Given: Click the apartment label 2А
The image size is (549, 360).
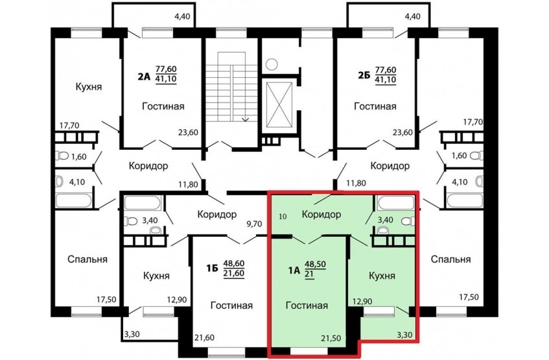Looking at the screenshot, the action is click(x=143, y=76).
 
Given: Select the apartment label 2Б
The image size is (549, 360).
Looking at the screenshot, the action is click(x=363, y=76).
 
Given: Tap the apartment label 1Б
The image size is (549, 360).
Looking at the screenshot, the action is click(x=212, y=269).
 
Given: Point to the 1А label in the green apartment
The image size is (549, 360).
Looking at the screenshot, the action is click(x=294, y=270).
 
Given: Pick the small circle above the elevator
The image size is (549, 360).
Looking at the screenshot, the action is click(x=272, y=64).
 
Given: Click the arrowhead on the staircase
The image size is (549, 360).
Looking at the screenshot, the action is click(x=246, y=119).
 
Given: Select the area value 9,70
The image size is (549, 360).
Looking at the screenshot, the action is click(x=254, y=223).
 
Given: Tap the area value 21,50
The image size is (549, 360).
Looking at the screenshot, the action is click(x=331, y=338).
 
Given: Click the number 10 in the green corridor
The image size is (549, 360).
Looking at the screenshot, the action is click(x=283, y=217).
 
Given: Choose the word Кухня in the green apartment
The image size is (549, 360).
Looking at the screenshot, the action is click(x=382, y=276).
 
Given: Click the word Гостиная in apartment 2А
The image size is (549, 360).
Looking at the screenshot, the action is click(x=163, y=106).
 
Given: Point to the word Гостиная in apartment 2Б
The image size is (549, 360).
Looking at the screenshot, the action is click(x=375, y=106).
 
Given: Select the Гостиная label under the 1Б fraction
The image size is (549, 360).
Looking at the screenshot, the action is click(x=231, y=306).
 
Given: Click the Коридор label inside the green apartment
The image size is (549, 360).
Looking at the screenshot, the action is click(x=321, y=214).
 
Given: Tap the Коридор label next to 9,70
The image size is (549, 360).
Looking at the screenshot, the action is click(x=217, y=214).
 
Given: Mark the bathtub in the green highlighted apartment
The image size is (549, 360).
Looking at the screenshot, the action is click(x=396, y=203).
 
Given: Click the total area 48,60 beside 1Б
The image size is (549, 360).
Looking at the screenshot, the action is click(x=234, y=263).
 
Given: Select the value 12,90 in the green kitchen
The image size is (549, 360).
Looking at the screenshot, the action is click(x=362, y=301).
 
